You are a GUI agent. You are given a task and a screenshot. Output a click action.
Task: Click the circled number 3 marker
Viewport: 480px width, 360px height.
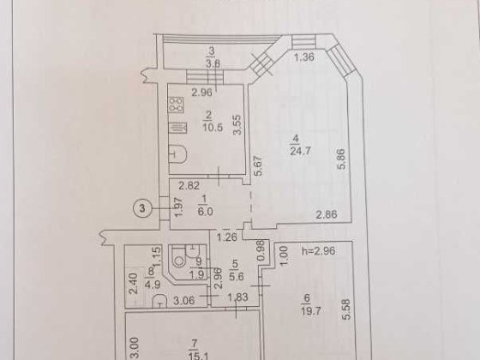(x=145, y=207)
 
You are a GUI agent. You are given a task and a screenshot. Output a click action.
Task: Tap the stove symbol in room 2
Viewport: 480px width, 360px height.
(x=177, y=105)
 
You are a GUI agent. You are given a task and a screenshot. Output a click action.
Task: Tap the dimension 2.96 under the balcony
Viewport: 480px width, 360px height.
(x=201, y=92)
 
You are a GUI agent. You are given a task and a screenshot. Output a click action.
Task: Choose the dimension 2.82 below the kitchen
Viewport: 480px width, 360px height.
(x=189, y=184)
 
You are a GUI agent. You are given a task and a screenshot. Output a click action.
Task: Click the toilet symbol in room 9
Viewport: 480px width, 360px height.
(x=182, y=256)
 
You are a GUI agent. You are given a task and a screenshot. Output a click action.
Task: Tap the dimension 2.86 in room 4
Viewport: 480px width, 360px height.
(x=325, y=215)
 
